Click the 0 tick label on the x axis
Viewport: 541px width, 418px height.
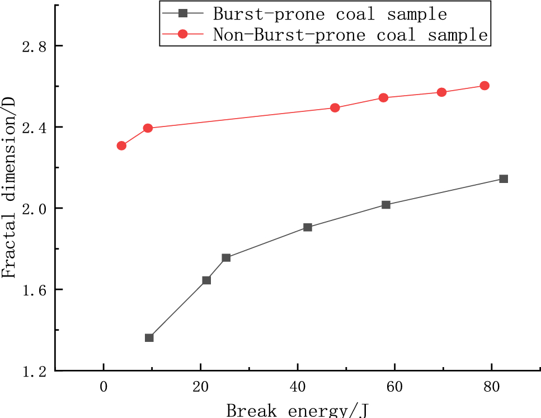click(x=104, y=386)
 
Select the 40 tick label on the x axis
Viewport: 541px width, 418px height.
click(x=298, y=386)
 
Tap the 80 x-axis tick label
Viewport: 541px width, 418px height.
click(x=491, y=386)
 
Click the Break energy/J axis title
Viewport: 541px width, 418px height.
click(x=298, y=410)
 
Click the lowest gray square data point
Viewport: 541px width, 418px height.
click(x=149, y=338)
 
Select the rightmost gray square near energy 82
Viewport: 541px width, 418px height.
click(x=504, y=179)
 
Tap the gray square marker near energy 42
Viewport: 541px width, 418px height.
click(x=308, y=227)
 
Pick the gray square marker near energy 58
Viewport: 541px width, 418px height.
click(x=386, y=205)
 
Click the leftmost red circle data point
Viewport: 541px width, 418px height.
click(x=121, y=145)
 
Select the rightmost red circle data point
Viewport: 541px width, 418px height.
click(x=484, y=86)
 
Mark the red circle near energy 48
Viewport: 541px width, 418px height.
click(x=335, y=107)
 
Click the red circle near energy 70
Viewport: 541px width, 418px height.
click(x=442, y=92)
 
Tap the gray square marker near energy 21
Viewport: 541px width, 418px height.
click(x=206, y=280)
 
